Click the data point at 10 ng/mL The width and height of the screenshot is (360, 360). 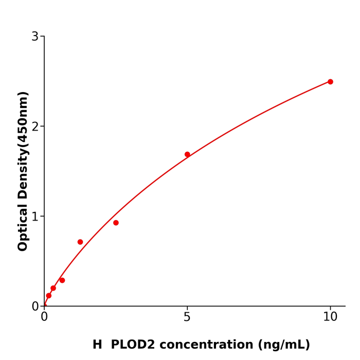[x=330, y=82]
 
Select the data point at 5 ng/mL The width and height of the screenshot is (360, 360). [x=187, y=154]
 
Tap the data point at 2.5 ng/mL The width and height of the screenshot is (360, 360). [x=116, y=223]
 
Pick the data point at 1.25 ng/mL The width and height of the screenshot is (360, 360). [x=80, y=242]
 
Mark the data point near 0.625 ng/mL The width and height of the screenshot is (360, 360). [x=62, y=280]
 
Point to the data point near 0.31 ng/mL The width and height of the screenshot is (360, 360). [x=53, y=288]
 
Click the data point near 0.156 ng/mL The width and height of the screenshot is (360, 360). [x=49, y=296]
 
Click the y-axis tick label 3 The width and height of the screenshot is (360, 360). [x=35, y=37]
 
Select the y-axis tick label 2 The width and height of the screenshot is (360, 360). [x=35, y=127]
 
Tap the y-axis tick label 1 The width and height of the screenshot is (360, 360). [x=35, y=217]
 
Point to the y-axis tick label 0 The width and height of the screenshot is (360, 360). [x=35, y=307]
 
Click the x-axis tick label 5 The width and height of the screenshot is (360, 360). [x=187, y=317]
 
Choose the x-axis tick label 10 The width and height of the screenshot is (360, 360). [x=330, y=317]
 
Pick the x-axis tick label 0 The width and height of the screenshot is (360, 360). [x=44, y=317]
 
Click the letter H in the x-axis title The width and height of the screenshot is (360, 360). [x=97, y=345]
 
